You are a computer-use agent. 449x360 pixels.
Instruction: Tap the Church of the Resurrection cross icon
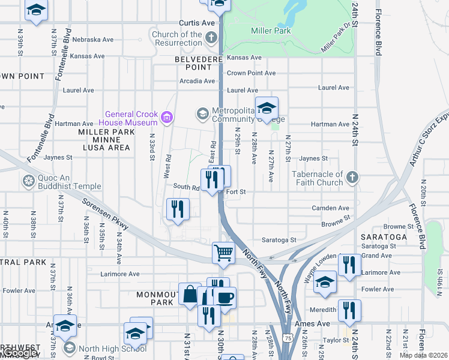(x=211, y=38)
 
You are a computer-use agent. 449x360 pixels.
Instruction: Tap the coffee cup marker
(x=225, y=297)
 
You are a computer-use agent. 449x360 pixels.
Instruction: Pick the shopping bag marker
(x=190, y=294)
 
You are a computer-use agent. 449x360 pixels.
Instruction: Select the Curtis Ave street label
(x=200, y=23)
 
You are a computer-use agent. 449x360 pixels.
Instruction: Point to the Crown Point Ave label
(x=251, y=73)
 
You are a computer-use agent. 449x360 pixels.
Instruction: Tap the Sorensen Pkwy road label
(x=106, y=214)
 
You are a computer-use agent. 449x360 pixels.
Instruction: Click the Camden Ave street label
(x=326, y=208)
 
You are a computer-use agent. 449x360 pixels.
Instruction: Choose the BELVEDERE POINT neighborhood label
(x=194, y=64)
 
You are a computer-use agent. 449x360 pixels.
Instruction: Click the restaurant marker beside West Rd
(x=178, y=209)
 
